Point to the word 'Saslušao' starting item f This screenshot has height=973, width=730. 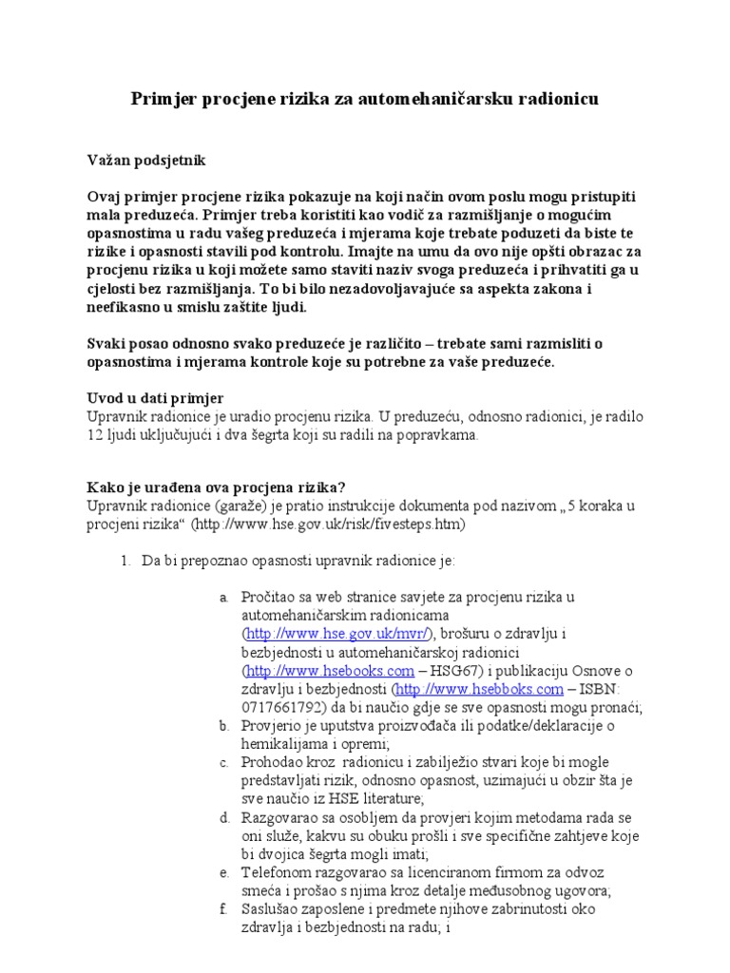pyautogui.click(x=272, y=909)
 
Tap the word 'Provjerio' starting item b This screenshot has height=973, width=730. pyautogui.click(x=274, y=726)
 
